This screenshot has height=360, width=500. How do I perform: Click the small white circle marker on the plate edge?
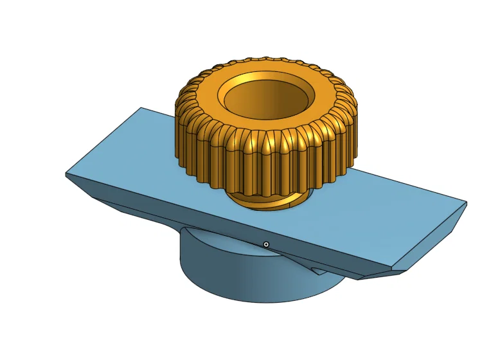266,244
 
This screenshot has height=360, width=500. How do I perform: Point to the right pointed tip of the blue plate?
466,204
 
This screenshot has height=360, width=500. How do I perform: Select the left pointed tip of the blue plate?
66,174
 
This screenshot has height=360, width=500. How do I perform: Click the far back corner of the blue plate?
141,108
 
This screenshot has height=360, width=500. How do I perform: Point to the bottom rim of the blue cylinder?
257,302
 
